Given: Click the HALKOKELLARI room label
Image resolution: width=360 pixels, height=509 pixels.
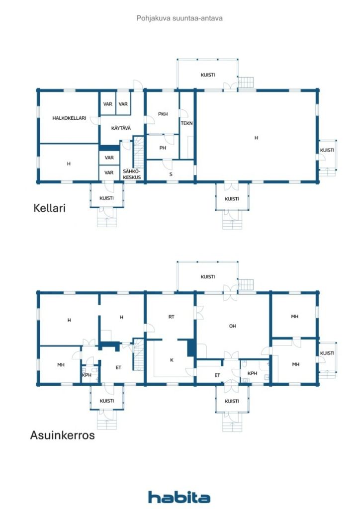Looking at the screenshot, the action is click(69, 118).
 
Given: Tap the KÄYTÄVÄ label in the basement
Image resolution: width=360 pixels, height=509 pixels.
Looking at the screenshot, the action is click(121, 128).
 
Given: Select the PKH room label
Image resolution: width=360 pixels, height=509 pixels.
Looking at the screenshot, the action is click(163, 114).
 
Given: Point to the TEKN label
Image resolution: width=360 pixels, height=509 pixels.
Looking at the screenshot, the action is click(186, 123).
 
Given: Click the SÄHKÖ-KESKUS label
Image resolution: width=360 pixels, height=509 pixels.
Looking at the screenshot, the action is click(132, 174).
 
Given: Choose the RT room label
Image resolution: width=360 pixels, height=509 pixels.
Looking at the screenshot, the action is click(172, 317).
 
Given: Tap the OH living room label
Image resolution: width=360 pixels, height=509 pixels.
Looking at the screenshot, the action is click(232, 326).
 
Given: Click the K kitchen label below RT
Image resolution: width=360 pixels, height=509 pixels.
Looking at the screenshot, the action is click(172, 360).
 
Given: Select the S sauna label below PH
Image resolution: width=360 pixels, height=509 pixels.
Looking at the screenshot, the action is click(171, 174).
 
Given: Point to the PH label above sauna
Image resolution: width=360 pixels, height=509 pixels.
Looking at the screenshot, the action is click(163, 148).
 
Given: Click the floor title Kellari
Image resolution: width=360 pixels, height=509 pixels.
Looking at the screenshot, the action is click(49, 208).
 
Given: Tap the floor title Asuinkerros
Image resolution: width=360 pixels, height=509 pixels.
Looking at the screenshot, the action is click(62, 435).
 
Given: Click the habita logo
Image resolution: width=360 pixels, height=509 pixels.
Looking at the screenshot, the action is click(179, 497).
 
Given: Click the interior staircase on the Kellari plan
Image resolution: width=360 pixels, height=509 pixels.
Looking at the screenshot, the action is click(138, 152).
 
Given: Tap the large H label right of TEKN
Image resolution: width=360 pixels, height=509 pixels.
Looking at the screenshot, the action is click(256, 138).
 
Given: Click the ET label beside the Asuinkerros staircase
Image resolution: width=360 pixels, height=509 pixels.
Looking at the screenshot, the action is click(118, 367).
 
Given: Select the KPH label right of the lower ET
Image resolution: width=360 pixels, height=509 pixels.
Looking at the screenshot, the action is click(252, 373).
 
